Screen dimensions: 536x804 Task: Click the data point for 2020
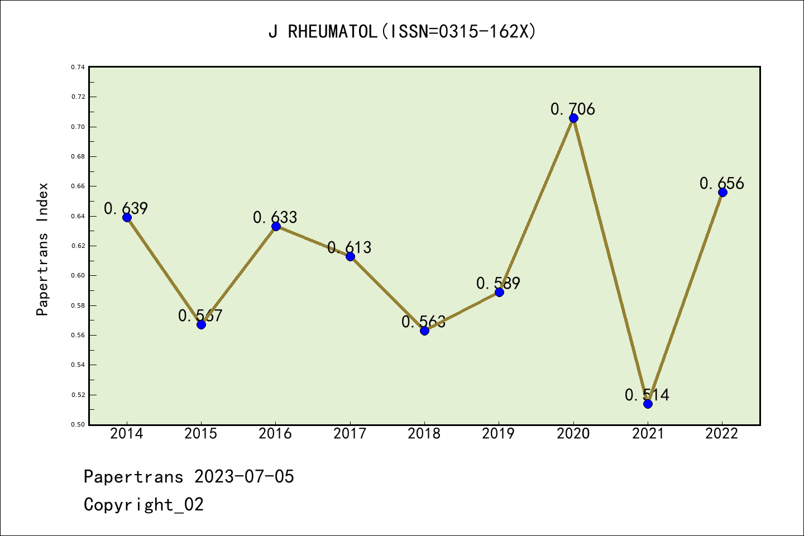(x=573, y=118)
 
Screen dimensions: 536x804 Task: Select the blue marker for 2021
(x=648, y=404)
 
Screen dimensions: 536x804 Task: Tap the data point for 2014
(x=127, y=217)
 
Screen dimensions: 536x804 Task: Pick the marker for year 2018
(x=424, y=331)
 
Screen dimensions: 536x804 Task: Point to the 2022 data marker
(x=722, y=192)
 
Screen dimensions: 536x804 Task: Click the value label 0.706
(x=573, y=109)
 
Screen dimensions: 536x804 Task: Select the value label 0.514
(x=647, y=395)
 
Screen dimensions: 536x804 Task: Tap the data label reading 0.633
(x=275, y=217)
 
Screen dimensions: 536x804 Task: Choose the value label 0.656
(x=722, y=183)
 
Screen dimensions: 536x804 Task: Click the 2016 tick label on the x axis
(x=275, y=433)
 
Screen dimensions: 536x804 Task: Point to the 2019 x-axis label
(x=499, y=433)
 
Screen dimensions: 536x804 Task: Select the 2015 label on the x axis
(x=201, y=433)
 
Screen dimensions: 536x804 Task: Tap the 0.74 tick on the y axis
(x=78, y=67)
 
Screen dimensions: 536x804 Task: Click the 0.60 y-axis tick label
(x=78, y=275)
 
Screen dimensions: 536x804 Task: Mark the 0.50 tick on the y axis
(x=78, y=424)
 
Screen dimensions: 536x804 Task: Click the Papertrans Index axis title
(x=42, y=249)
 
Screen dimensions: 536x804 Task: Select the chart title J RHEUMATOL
(x=402, y=32)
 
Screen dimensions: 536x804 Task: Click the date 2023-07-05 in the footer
(x=244, y=476)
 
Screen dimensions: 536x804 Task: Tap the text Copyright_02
(x=144, y=504)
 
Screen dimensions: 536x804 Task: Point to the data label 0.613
(x=350, y=247)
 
